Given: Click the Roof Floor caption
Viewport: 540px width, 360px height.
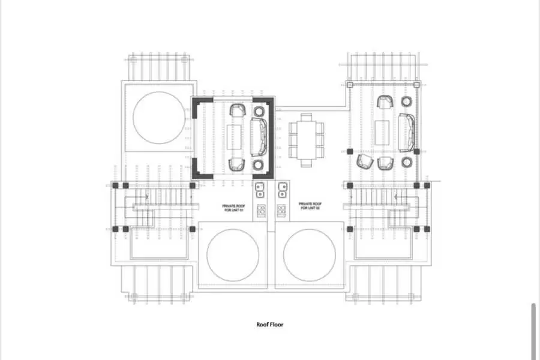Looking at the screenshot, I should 269,325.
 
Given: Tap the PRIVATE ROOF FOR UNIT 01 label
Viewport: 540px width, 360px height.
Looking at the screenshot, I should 233,206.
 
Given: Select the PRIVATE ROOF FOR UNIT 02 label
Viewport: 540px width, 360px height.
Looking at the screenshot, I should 310,206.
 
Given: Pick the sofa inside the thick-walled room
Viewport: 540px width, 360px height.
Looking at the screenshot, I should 259,137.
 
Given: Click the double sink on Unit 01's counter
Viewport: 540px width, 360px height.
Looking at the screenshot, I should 260,190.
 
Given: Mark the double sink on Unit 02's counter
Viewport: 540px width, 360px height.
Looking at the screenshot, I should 281,190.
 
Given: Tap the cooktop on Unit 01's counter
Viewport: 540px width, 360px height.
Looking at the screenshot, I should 261,211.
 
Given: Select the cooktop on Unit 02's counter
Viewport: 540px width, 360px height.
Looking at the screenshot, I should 281,211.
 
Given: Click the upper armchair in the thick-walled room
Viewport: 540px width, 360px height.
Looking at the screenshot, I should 238,110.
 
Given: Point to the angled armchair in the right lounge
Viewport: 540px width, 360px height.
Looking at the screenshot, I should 364,161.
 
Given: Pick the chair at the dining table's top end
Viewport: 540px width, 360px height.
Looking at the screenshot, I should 306,116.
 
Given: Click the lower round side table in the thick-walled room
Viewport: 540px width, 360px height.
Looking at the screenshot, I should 259,164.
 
